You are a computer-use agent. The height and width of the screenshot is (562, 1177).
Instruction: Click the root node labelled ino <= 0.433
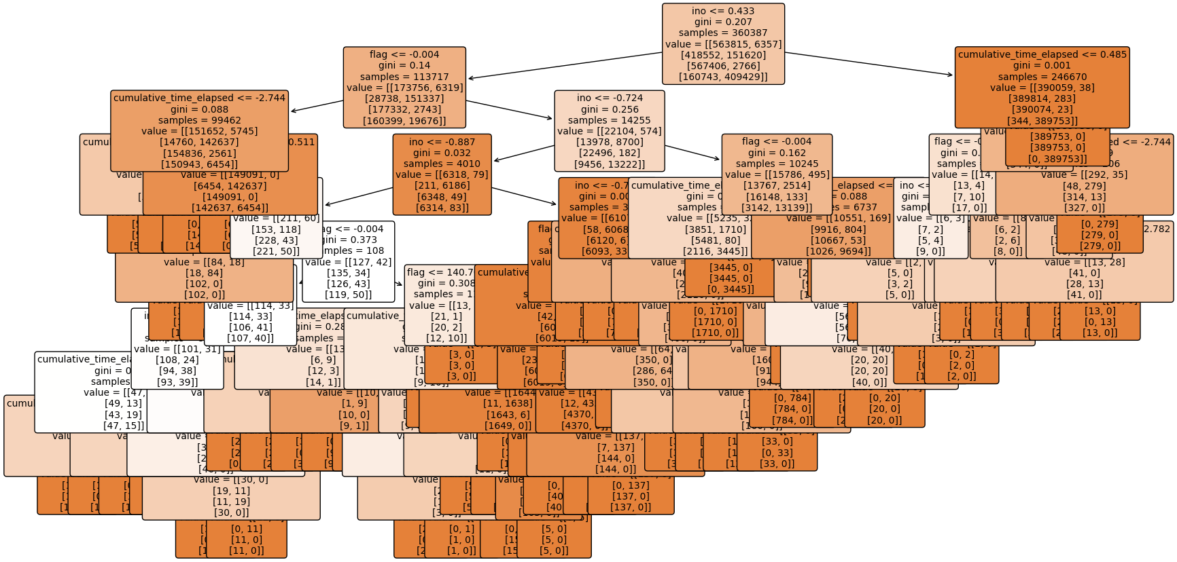coord(723,43)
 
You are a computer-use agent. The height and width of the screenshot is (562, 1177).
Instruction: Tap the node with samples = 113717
coord(404,87)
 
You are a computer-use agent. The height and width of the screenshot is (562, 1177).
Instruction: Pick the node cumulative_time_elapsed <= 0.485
coord(1042,87)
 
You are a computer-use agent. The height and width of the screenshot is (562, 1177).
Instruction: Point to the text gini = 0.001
coord(1042,65)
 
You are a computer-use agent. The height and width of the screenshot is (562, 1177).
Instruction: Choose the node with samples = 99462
coord(199,130)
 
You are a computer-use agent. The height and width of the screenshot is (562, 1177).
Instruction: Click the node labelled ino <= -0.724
coord(609,130)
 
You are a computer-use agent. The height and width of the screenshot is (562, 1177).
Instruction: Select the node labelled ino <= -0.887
coord(442,174)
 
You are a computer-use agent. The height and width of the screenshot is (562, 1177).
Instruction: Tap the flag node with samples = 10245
coord(777,174)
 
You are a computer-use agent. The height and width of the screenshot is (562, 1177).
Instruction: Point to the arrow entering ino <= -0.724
coord(510,110)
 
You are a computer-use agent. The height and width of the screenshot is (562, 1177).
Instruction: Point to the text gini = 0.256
coord(610,109)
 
